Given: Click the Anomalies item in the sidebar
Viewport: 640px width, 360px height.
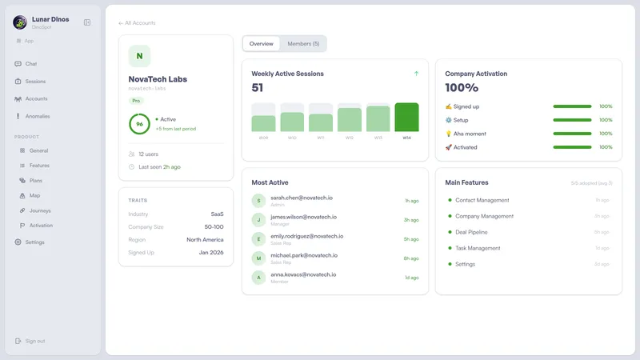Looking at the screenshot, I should [x=37, y=116].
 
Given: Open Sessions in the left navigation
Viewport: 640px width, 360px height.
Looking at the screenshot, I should [x=35, y=81].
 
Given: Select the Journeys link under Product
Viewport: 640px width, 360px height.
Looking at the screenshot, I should [x=40, y=210].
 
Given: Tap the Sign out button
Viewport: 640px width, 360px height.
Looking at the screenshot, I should [x=34, y=341].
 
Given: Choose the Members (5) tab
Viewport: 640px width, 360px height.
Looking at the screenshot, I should [x=303, y=43].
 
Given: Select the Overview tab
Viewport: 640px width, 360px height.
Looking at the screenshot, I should [x=261, y=43].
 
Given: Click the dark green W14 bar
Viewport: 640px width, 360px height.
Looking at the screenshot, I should [x=406, y=118].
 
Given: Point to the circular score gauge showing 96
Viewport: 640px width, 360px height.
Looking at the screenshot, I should [x=139, y=124].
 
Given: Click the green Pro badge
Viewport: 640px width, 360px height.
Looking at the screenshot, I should [x=136, y=101].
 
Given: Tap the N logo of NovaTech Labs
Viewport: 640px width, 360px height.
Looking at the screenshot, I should [x=139, y=56].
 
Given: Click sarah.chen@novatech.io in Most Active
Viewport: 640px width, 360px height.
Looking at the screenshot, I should [x=302, y=198].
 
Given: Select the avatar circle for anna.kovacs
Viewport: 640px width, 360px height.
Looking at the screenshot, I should [x=258, y=278].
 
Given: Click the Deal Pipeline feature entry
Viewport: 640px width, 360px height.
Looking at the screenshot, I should [x=477, y=232].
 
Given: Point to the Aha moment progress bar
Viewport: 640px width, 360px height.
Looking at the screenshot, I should [x=572, y=134].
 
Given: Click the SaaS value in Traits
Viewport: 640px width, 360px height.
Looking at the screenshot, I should [x=217, y=214].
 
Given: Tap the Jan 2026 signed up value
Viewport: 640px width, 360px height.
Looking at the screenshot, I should [x=211, y=253].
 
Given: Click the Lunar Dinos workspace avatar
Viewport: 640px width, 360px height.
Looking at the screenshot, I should [x=20, y=22].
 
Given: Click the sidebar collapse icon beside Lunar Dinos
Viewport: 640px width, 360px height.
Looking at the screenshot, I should [x=87, y=22].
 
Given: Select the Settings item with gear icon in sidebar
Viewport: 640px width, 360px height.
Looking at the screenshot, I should [x=34, y=242].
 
